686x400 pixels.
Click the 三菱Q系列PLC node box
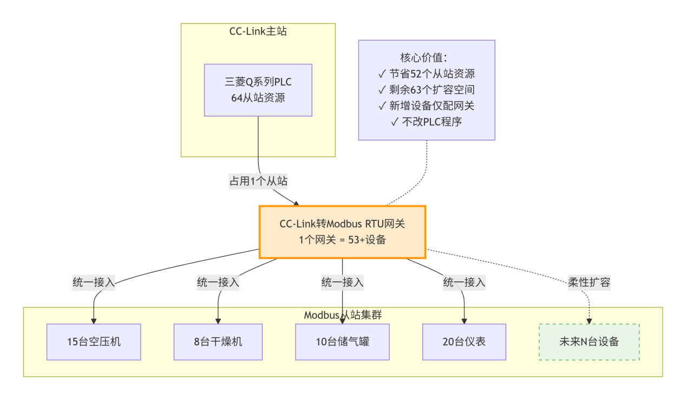258,90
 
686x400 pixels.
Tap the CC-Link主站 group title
258,31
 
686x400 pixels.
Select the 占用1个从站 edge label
258,181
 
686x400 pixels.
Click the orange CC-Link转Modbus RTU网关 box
342,232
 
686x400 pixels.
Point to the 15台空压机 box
94,342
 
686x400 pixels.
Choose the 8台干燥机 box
218,342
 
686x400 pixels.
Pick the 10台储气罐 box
342,342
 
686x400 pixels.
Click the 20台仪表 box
464,342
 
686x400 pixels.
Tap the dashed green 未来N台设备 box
589,342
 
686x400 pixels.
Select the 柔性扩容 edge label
589,282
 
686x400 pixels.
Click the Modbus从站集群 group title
343,315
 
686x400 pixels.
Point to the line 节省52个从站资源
427,74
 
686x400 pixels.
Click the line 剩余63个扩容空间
427,90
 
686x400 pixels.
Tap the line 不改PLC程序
427,122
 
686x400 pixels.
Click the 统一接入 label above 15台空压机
94,282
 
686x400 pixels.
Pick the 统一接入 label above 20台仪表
464,282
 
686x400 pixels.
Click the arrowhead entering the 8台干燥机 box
218,321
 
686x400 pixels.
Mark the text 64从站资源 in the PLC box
258,98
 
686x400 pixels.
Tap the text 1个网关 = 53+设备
342,240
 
